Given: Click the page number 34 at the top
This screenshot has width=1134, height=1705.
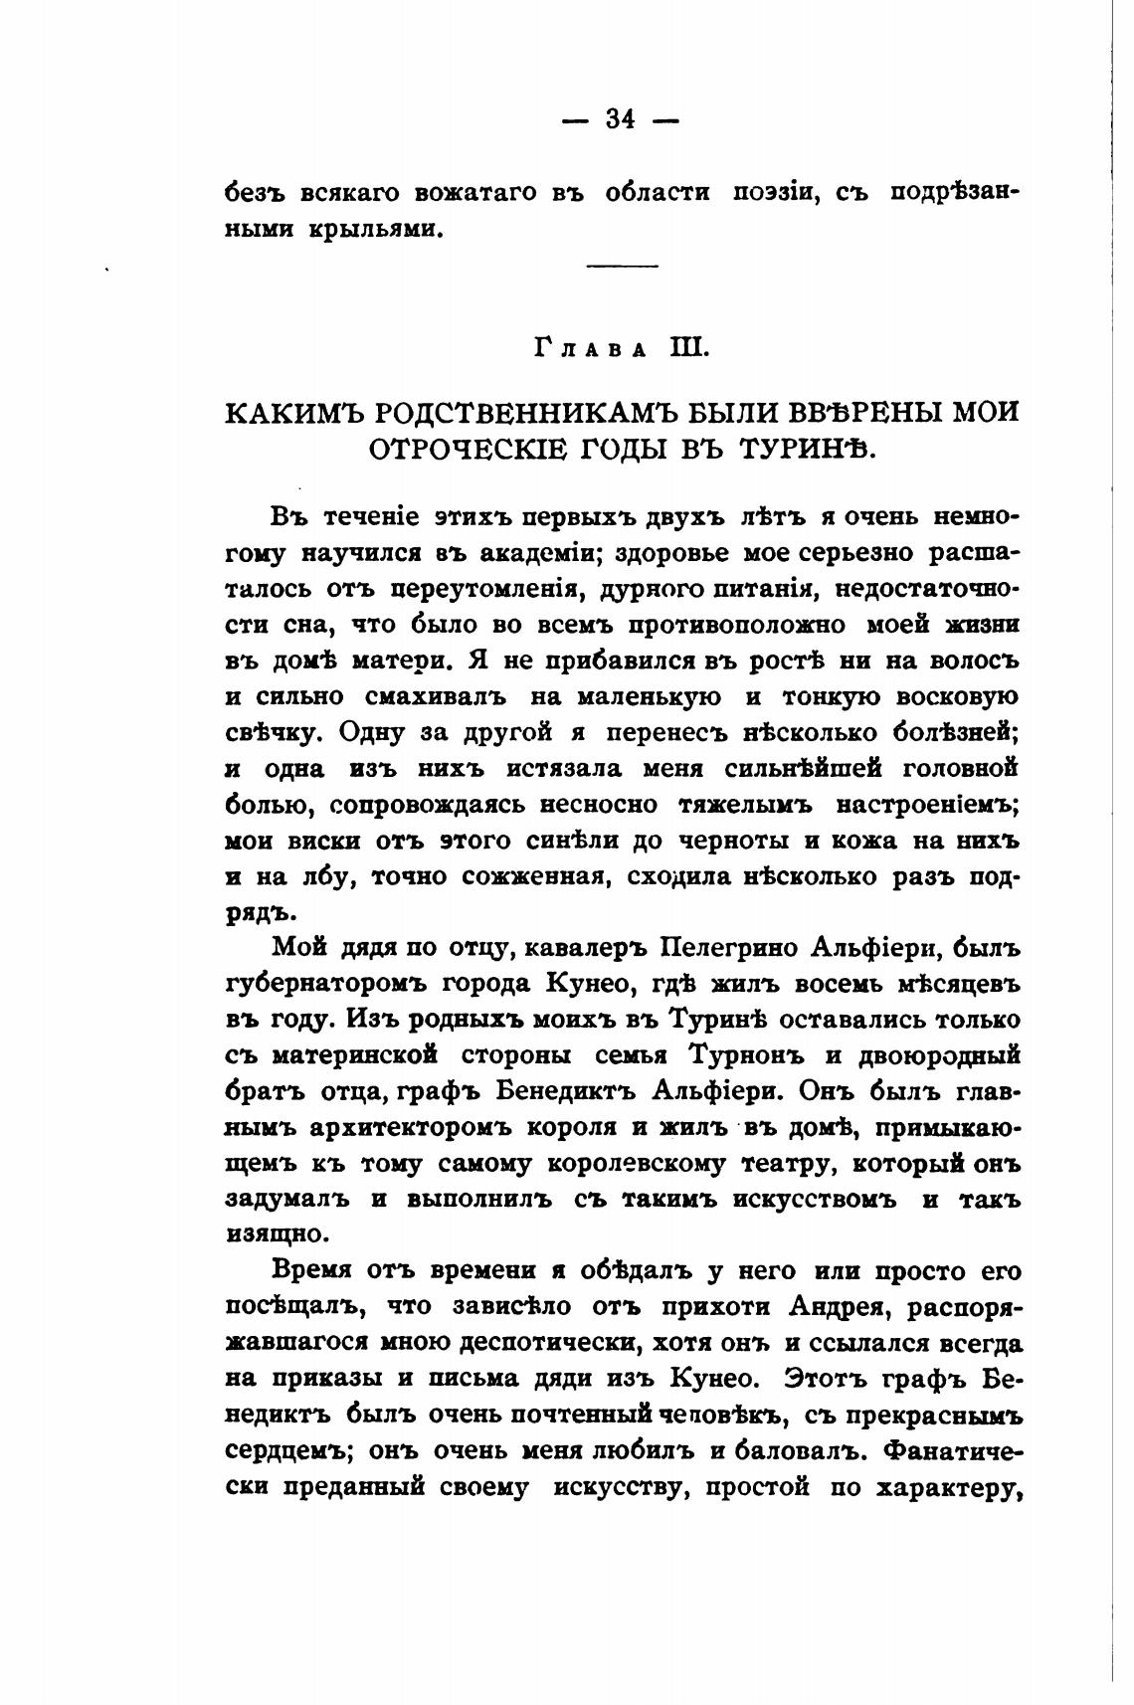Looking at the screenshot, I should tap(619, 119).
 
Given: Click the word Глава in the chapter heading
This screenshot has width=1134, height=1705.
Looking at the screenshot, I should tap(588, 348).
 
